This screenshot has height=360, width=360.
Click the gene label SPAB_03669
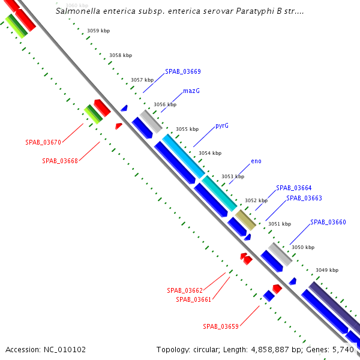point(182,71)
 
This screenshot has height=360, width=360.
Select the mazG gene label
point(191,91)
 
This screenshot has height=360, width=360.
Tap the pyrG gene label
point(222,126)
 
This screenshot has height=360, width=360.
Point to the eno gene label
point(256,161)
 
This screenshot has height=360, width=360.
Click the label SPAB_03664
point(293,188)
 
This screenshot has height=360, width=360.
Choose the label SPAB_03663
point(304,198)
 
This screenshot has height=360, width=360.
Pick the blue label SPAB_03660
point(328,222)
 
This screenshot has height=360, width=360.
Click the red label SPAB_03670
point(43,143)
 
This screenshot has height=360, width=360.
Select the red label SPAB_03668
point(60,161)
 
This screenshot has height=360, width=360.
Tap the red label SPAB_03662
point(185,290)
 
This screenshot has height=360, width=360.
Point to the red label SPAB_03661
point(193,299)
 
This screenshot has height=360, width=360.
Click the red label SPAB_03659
point(221,326)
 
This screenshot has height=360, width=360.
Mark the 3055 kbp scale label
point(187,129)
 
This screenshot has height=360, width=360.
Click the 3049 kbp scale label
point(327,270)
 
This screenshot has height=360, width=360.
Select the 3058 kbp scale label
point(120,55)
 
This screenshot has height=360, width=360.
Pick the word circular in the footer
point(205,349)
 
